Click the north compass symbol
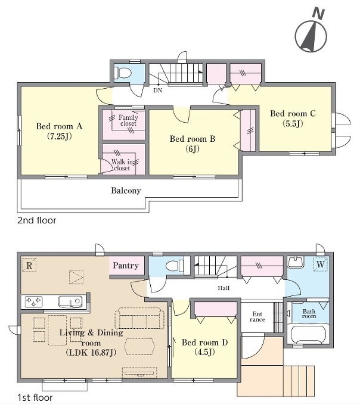click(x=311, y=33)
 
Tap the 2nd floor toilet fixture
click(x=123, y=72)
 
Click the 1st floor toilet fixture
click(x=175, y=266)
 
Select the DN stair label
click(x=157, y=91)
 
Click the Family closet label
click(x=128, y=120)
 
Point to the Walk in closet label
click(x=122, y=165)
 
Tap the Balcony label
click(x=126, y=190)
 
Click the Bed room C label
click(x=293, y=114)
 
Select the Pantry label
click(x=126, y=266)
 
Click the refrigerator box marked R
click(x=29, y=264)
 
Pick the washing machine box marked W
click(x=321, y=264)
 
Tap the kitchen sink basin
click(x=70, y=301)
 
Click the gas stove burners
click(x=33, y=301)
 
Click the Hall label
click(x=224, y=288)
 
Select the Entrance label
click(x=257, y=317)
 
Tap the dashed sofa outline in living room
click(x=139, y=318)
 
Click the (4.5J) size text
click(x=204, y=352)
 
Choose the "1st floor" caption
click(x=35, y=398)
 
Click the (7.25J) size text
click(x=59, y=136)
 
